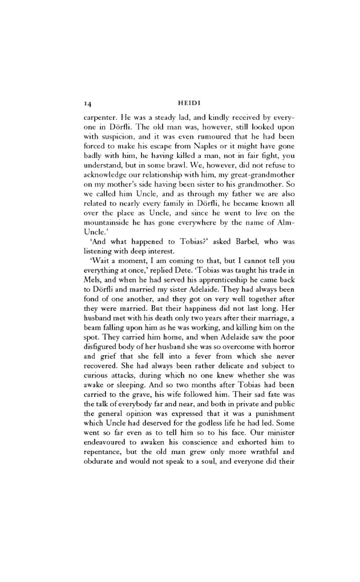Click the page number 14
88,104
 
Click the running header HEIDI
189,103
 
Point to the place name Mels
91,280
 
